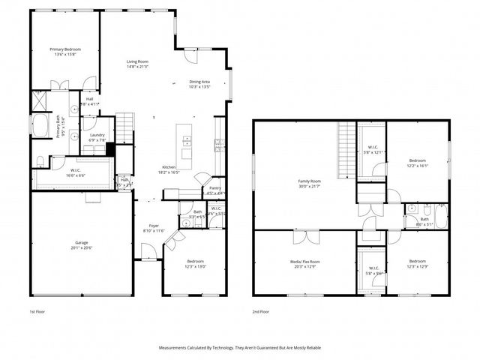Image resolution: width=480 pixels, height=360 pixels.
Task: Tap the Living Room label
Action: [x=137, y=64]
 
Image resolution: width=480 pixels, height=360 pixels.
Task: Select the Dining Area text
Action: [x=199, y=83]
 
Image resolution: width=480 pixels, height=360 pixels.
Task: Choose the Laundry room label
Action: [x=97, y=137]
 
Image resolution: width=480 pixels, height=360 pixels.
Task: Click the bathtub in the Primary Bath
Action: [x=38, y=129]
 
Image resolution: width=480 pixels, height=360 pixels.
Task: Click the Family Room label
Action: [x=309, y=183]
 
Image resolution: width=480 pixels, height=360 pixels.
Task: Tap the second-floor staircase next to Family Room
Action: [x=346, y=150]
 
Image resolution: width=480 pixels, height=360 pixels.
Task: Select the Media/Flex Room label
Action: [x=304, y=263]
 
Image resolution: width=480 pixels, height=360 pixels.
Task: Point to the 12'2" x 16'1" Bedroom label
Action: [x=417, y=163]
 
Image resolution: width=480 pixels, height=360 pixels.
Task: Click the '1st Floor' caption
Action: [x=38, y=310]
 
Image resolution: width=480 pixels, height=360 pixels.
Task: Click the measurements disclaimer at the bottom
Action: [x=240, y=348]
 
